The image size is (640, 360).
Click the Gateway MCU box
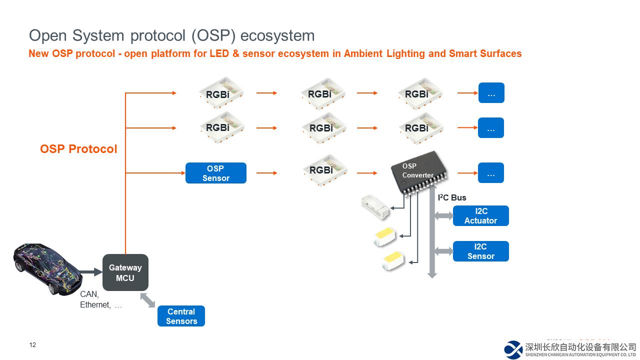(x=125, y=272)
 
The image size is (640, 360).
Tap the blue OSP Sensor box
(x=216, y=173)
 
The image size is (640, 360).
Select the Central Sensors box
(x=181, y=316)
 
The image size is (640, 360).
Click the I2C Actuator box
(x=480, y=216)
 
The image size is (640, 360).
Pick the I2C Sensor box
(x=480, y=251)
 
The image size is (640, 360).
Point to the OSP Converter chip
(x=419, y=173)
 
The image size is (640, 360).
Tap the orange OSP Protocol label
(x=78, y=149)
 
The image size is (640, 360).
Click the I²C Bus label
(x=452, y=197)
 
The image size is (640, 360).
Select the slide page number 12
(x=33, y=345)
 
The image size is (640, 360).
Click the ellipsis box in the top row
(x=491, y=93)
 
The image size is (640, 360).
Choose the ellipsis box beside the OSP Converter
(x=491, y=173)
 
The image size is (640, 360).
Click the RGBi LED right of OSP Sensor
(x=321, y=170)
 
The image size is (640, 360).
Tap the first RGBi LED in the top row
(x=218, y=93)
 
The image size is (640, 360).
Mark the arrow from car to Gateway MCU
(x=90, y=272)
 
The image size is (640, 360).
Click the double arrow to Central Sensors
(x=147, y=300)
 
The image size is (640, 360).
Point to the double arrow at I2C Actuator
(x=443, y=215)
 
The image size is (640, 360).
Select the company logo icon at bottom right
(x=513, y=349)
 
